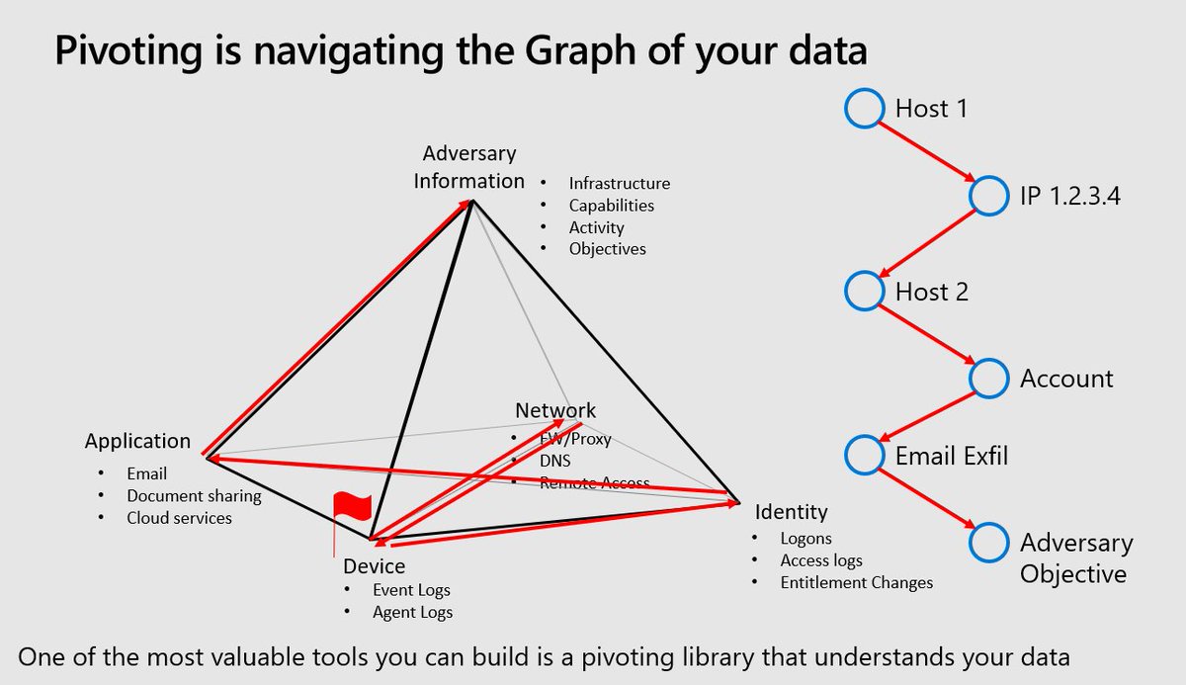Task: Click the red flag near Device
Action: (352, 505)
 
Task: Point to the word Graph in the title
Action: (580, 51)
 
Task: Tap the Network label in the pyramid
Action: (555, 410)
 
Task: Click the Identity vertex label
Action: (791, 512)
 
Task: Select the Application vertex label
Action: (137, 441)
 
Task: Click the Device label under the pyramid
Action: (374, 566)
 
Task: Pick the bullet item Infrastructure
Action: (620, 183)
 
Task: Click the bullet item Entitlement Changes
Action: (857, 582)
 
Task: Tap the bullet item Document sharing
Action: (194, 496)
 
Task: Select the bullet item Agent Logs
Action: (412, 613)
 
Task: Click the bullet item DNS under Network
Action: (554, 461)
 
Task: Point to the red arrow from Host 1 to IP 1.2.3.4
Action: (927, 152)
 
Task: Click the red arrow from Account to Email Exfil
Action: (927, 416)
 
